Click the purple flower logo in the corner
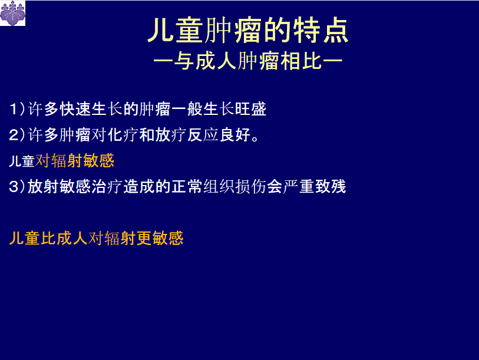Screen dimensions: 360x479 pos(13,13)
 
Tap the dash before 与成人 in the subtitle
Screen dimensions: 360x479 pos(163,61)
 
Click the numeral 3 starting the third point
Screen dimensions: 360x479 pos(14,187)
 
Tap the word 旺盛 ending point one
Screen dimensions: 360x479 pos(251,109)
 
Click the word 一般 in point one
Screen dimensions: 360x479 pos(187,109)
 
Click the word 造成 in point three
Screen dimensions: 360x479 pos(138,187)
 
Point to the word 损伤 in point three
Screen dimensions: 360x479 pos(250,187)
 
